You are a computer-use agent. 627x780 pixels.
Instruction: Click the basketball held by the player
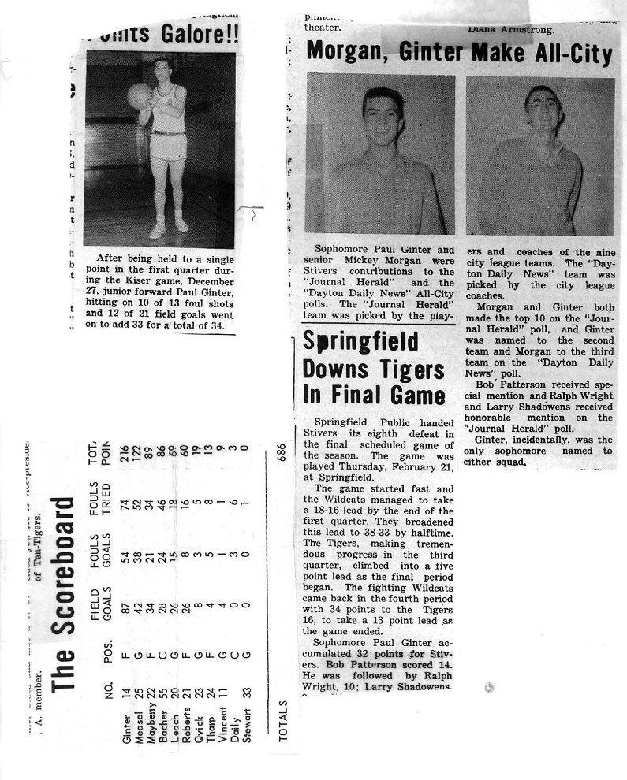coord(140,95)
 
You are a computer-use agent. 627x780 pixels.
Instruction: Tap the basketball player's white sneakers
coord(170,229)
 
